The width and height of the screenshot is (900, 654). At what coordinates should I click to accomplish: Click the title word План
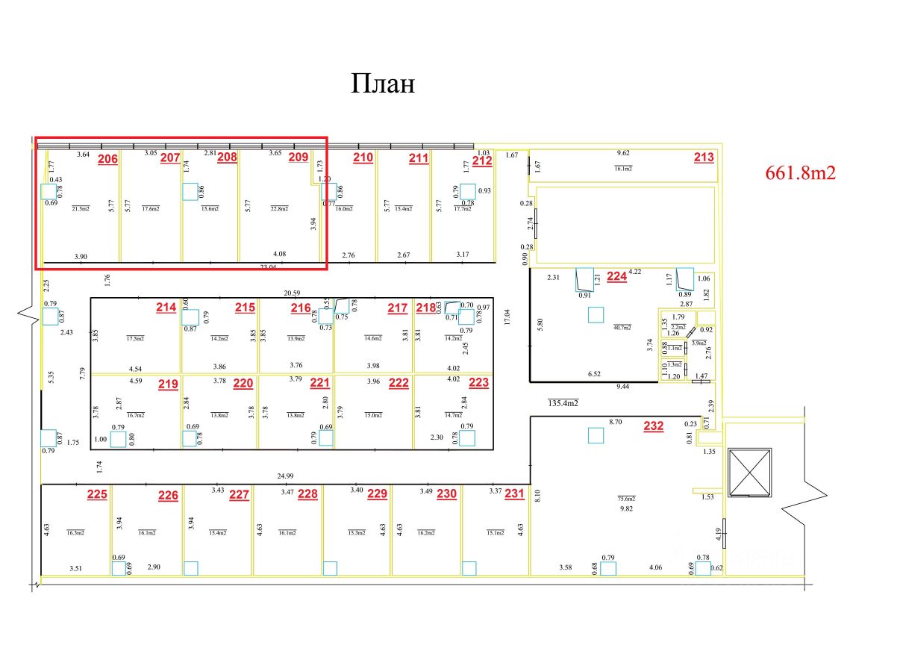[383, 84]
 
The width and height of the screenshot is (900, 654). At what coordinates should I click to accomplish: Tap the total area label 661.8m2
[800, 173]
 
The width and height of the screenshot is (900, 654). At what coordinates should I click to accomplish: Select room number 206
[107, 158]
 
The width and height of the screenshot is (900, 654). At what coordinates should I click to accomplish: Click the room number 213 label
[704, 157]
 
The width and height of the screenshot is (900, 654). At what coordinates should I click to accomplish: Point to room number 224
[616, 276]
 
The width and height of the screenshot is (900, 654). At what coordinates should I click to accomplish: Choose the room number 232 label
[653, 426]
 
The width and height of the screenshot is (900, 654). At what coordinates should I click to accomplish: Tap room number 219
[168, 384]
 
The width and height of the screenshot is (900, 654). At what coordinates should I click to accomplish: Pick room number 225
[97, 493]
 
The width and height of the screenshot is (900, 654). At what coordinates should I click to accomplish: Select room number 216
[301, 308]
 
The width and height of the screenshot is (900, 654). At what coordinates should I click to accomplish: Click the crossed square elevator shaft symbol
[751, 472]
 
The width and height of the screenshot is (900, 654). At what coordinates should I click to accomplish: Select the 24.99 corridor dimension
[285, 476]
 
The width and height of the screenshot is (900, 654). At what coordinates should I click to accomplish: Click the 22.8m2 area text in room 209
[281, 208]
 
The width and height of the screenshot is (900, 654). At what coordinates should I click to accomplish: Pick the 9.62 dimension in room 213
[623, 153]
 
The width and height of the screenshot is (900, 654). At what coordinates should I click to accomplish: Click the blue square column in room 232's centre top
[595, 435]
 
